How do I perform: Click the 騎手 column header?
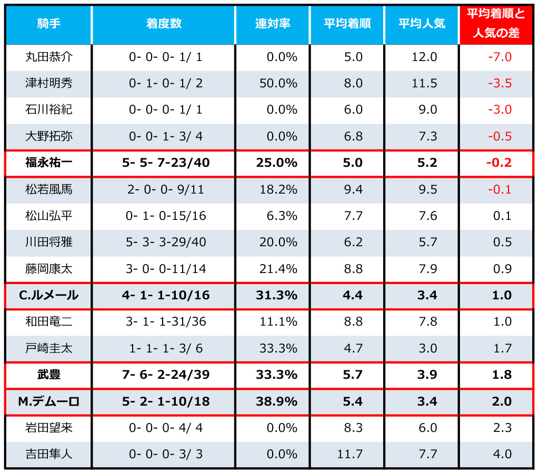coord(48,24)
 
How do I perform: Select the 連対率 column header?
coord(272,24)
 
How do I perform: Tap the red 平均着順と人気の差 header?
coord(496,24)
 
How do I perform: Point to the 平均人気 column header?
coord(422,24)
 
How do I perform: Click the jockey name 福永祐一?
coord(48,163)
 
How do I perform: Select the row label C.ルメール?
coord(48,296)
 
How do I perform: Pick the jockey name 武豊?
coord(48,375)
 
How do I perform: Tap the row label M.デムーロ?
coord(48,401)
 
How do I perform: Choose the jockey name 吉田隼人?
coord(48,454)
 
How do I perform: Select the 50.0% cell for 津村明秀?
coord(278,83)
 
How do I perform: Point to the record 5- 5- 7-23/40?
coord(165,163)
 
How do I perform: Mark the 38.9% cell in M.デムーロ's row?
coord(277,401)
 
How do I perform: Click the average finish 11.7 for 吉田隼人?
coord(350,454)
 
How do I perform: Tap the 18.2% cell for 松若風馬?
coord(278,189)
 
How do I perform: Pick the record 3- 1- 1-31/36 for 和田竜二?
coord(165,321)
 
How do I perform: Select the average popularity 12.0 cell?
coord(424,57)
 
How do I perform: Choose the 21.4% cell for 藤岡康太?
coord(278,269)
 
